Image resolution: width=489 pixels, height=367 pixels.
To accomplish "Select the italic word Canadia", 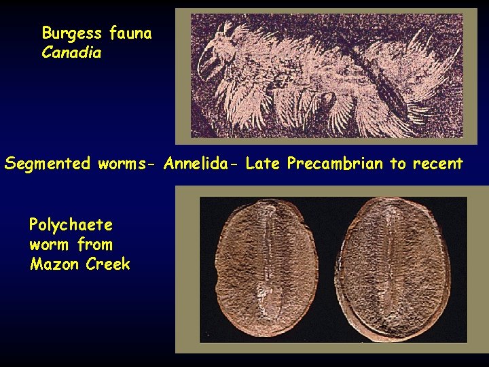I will tap(71, 52).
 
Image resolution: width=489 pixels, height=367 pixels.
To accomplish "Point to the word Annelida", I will tap(202, 164).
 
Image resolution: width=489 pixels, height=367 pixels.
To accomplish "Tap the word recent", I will tap(438, 164).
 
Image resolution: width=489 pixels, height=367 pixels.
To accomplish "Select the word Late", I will tap(264, 164).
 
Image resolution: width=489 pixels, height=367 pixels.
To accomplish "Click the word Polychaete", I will tap(71, 225).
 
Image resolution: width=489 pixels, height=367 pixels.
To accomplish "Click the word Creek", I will tap(108, 264).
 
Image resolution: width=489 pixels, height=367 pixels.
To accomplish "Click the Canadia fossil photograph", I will tap(326, 75).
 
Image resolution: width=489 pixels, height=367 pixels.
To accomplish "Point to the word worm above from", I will tap(50, 244).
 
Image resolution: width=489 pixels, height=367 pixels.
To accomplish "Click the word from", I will tap(95, 244).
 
